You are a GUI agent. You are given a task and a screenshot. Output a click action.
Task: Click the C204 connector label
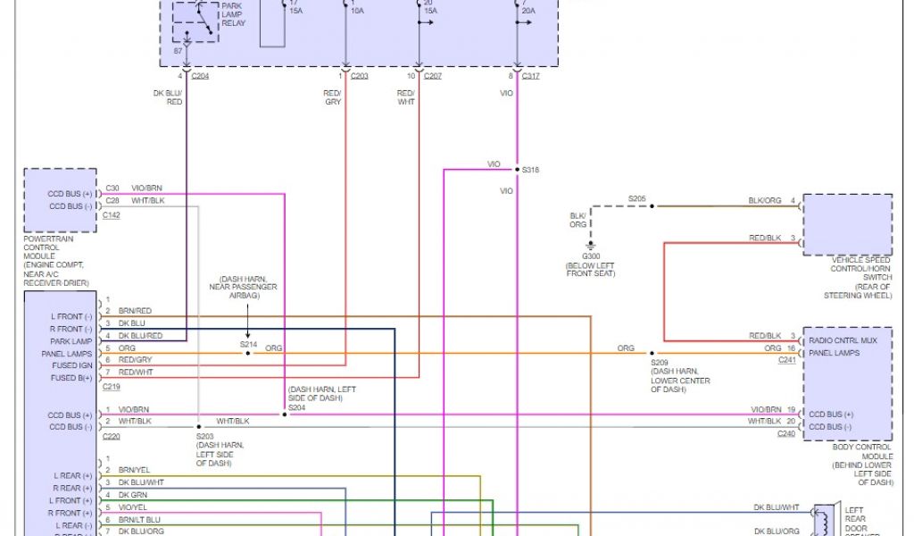point(200,76)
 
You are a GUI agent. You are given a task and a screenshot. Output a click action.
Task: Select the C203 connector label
point(359,76)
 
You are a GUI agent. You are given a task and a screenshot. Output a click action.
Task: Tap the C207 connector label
point(433,76)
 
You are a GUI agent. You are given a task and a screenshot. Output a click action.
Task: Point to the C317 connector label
point(531,76)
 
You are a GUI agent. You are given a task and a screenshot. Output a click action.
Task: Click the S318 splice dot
point(517,169)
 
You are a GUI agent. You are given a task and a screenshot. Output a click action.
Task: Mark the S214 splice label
point(247,343)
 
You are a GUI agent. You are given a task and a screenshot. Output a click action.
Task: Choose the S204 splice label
point(295,407)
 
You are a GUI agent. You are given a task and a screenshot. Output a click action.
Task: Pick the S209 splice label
point(660,364)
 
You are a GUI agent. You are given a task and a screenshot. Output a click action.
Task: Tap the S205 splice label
point(636,198)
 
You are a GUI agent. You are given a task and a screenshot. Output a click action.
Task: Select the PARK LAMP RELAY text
point(233,14)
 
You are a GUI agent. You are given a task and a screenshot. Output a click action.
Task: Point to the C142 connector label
point(112,215)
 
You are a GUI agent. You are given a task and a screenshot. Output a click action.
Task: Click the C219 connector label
point(112,387)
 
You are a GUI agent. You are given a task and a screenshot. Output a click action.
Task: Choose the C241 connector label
point(786,360)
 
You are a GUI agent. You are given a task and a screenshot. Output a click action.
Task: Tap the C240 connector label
point(786,433)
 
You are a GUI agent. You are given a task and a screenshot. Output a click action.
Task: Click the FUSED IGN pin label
point(71,365)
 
